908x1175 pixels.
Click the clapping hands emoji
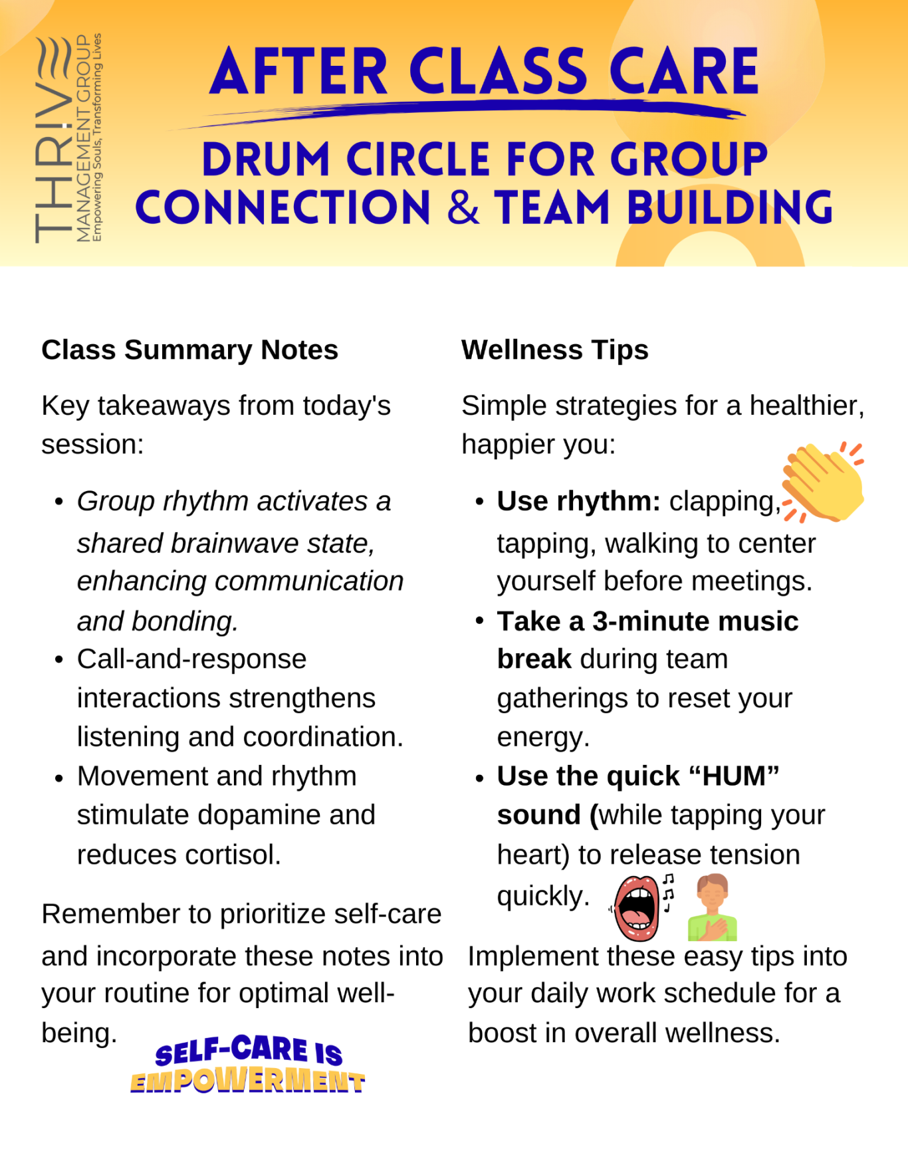click(823, 482)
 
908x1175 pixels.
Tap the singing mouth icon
click(638, 907)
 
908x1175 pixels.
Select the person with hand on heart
click(712, 907)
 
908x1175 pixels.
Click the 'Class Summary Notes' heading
click(189, 350)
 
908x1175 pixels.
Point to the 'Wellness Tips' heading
click(554, 350)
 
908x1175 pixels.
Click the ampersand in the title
click(463, 207)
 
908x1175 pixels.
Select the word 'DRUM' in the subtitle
click(266, 160)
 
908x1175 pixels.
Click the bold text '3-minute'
click(643, 621)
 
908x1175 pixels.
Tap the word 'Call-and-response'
click(191, 659)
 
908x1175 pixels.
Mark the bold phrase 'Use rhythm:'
click(578, 501)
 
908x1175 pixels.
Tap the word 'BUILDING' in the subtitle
click(729, 207)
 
